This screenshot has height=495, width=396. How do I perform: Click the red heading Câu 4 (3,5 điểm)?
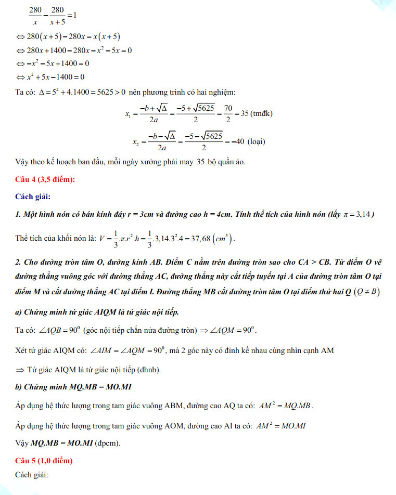click(46, 179)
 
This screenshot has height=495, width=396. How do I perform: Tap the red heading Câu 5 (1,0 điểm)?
click(44, 461)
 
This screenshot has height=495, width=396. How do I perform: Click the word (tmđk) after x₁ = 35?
click(261, 113)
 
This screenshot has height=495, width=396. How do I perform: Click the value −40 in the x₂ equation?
click(237, 141)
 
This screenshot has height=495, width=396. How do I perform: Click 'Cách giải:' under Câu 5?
click(32, 475)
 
